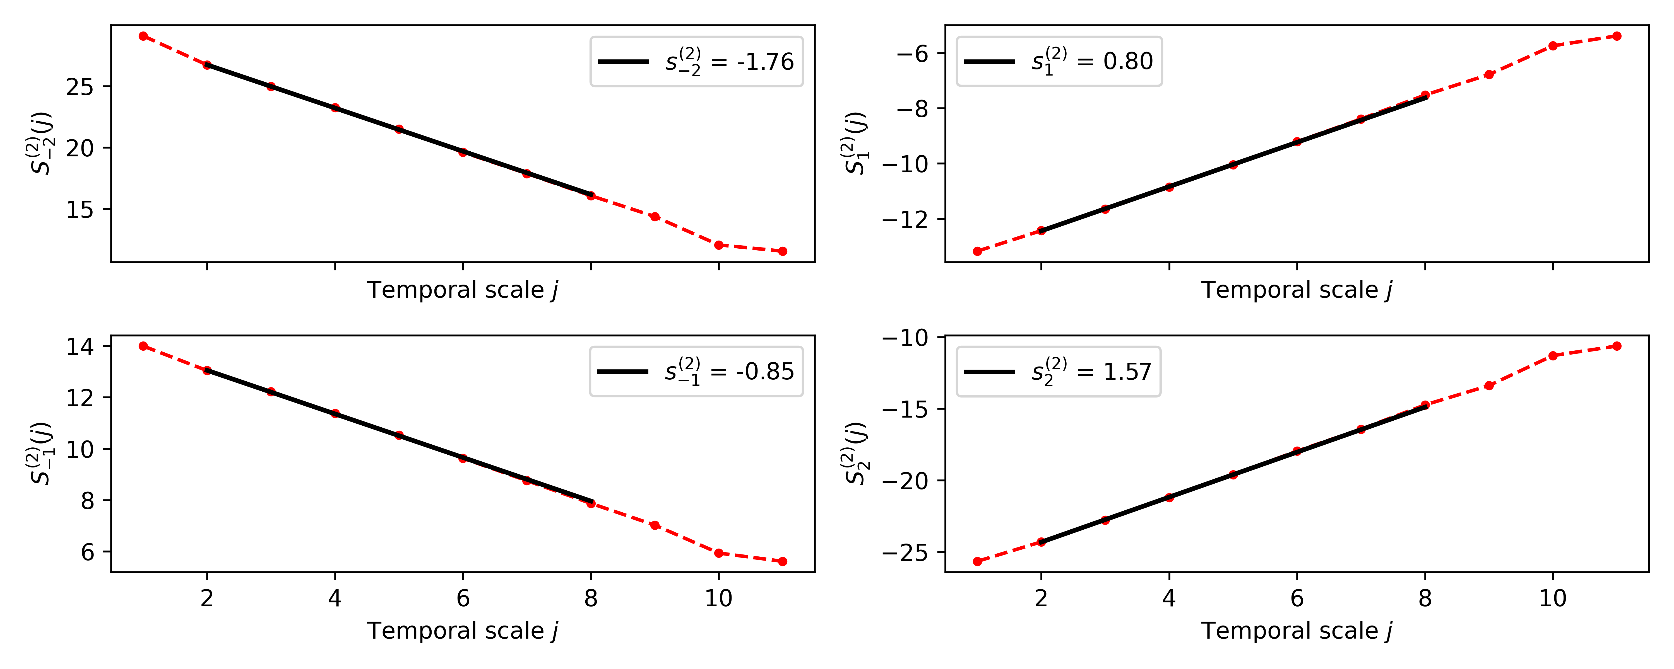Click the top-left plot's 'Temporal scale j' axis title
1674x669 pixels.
coord(463,290)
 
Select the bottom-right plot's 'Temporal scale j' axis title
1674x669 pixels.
coord(1297,631)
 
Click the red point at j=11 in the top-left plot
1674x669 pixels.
coord(782,251)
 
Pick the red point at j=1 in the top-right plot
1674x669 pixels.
coord(977,251)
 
